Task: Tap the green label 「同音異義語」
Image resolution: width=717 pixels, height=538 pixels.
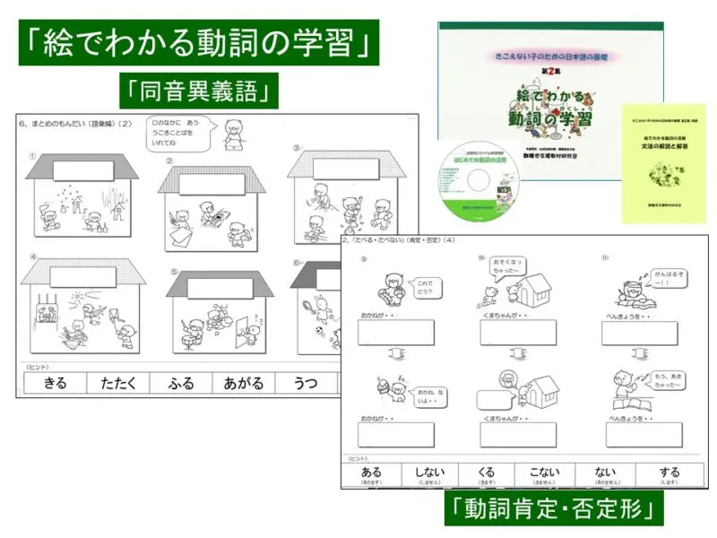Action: pos(198,91)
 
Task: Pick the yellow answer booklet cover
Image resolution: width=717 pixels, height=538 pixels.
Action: pos(663,163)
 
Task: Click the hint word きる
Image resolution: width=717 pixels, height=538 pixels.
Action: pos(55,383)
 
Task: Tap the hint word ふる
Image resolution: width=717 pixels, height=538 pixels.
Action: pos(180,383)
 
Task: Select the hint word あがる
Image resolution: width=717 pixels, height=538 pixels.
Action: pos(243,383)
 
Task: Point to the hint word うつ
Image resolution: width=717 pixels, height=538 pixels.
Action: pos(305,383)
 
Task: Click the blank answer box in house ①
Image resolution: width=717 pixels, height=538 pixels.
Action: pos(82,170)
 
